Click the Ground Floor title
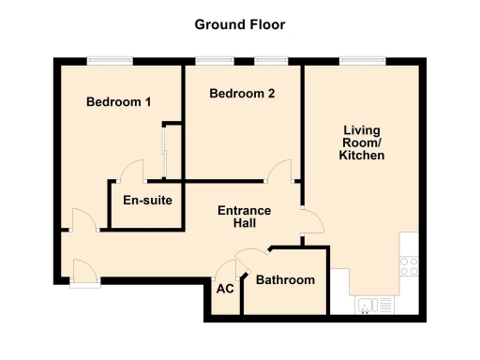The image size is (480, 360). pyautogui.click(x=240, y=24)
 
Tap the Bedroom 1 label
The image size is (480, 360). pyautogui.click(x=119, y=102)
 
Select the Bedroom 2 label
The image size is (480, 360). pyautogui.click(x=242, y=94)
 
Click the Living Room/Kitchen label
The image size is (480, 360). pyautogui.click(x=362, y=142)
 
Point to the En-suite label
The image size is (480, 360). pyautogui.click(x=146, y=199)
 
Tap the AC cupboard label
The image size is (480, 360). pyautogui.click(x=225, y=289)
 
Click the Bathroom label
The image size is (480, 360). pyautogui.click(x=285, y=280)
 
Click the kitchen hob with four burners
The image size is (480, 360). pyautogui.click(x=409, y=264)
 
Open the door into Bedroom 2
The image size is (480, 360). pyautogui.click(x=278, y=170)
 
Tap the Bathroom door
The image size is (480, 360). pyautogui.click(x=251, y=259)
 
